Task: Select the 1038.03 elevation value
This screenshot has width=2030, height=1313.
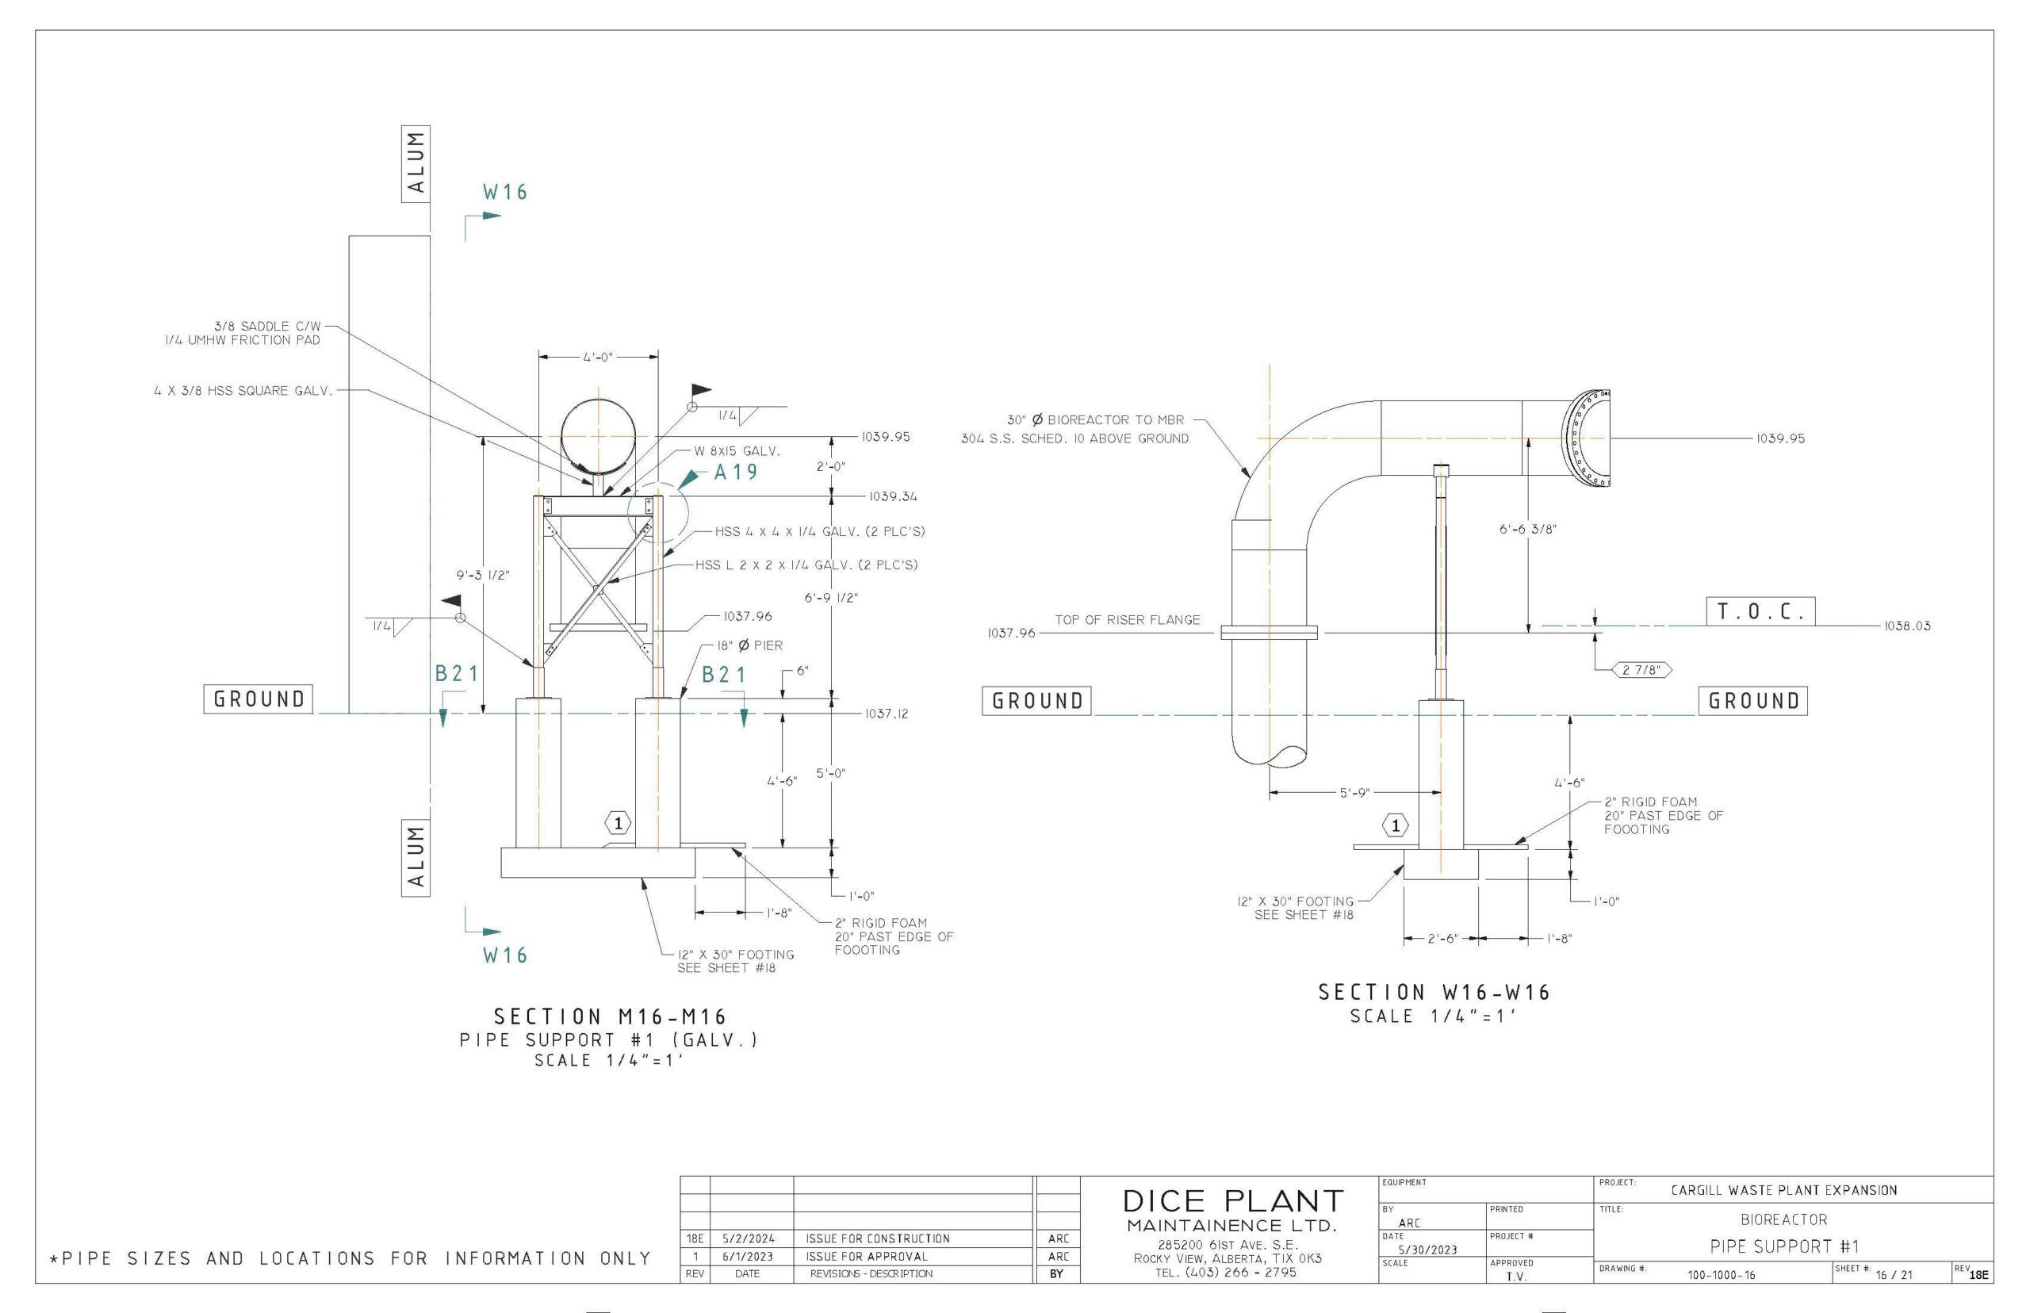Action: (x=1906, y=626)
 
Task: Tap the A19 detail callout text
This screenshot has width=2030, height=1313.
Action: (x=735, y=473)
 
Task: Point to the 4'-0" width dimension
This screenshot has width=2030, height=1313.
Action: (x=598, y=358)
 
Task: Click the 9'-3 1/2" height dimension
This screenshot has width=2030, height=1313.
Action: (x=483, y=576)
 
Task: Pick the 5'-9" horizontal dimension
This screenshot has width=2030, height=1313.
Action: (x=1354, y=793)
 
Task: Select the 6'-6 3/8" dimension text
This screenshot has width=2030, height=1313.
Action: (x=1527, y=530)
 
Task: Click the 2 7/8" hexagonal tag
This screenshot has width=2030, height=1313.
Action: (x=1641, y=670)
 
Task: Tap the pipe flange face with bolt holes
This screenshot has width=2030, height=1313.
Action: (x=1587, y=438)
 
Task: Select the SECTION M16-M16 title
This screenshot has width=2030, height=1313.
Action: (x=610, y=1017)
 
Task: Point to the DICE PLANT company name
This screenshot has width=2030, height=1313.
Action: (x=1232, y=1201)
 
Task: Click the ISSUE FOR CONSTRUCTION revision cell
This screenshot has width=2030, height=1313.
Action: (x=877, y=1238)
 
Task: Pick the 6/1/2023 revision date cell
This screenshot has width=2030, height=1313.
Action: (x=747, y=1257)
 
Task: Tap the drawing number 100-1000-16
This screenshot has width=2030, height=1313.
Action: (x=1721, y=1276)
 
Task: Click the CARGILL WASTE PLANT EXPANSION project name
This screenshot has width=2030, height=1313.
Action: (x=1783, y=1190)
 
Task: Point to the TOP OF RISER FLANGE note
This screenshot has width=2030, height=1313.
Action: (x=1126, y=620)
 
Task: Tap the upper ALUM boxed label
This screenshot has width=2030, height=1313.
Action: (x=416, y=163)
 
